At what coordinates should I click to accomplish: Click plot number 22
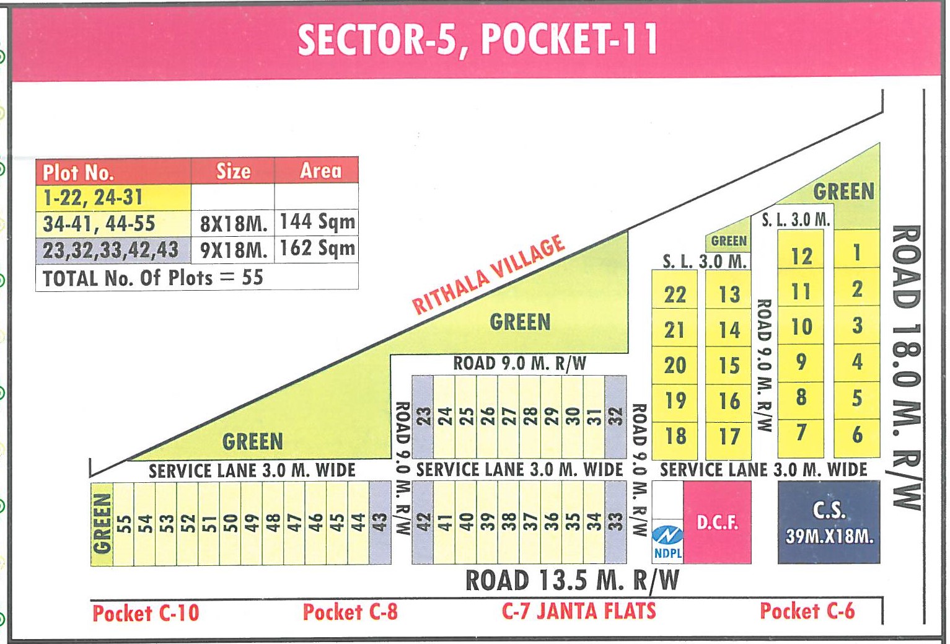pos(675,294)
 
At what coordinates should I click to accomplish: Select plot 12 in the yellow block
pos(801,255)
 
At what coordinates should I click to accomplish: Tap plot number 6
pos(857,434)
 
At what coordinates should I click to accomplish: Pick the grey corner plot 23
pos(423,417)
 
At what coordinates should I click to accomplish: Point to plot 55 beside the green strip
pos(124,524)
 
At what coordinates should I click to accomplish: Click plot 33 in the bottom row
pos(615,522)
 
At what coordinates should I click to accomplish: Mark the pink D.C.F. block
pos(717,523)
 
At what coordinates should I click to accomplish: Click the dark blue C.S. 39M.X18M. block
pos(829,523)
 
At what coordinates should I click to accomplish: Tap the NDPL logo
pos(667,541)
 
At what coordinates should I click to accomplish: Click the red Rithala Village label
pos(488,274)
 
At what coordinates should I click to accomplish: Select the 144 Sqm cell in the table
pos(317,222)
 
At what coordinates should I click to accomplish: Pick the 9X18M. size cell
pos(233,250)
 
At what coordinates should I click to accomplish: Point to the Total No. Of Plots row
pos(153,278)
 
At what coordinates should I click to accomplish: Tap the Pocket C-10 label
pos(146,613)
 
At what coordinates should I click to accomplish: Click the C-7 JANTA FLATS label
pos(579,611)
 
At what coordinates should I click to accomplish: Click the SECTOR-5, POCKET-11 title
pos(477,40)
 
